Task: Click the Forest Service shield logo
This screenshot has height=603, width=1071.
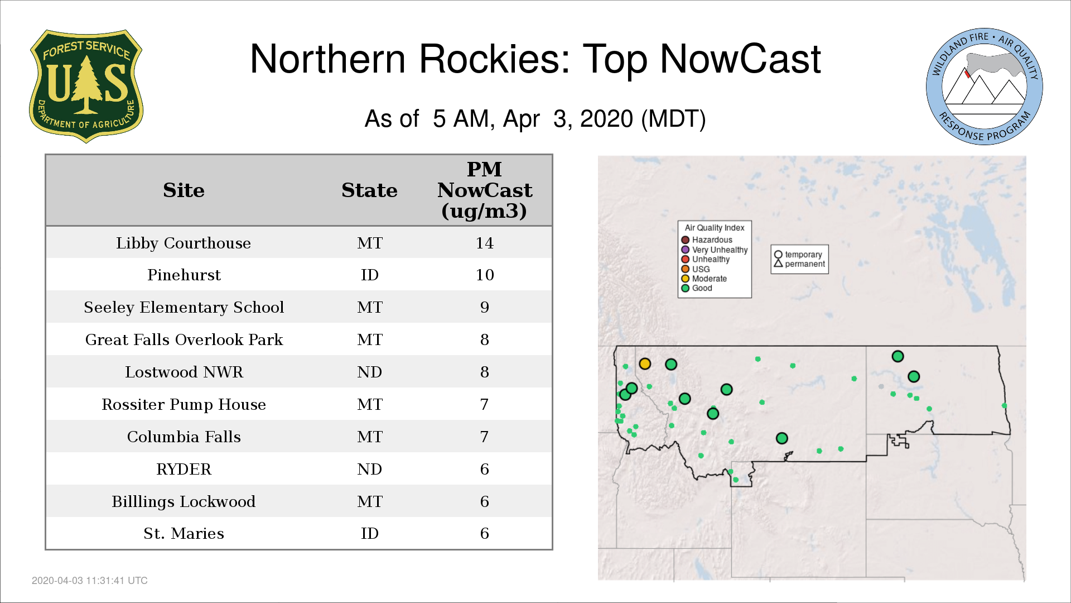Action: pyautogui.click(x=86, y=86)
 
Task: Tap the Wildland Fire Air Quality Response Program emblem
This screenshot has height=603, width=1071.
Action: pyautogui.click(x=985, y=87)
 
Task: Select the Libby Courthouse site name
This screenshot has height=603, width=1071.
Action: pyautogui.click(x=184, y=243)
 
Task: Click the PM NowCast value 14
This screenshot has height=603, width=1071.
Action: pyautogui.click(x=484, y=243)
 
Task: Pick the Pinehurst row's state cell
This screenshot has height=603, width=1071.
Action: pyautogui.click(x=369, y=275)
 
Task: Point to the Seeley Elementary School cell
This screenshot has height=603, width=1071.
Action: pyautogui.click(x=184, y=307)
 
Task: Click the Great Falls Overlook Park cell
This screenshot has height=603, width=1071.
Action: pyautogui.click(x=184, y=339)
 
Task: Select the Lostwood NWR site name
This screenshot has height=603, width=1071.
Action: pyautogui.click(x=184, y=372)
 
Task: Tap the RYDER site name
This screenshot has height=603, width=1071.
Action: pyautogui.click(x=184, y=469)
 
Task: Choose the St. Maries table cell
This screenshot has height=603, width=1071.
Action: pyautogui.click(x=184, y=534)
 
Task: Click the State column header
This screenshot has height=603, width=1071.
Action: pyautogui.click(x=369, y=190)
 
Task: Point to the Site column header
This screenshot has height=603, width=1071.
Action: pyautogui.click(x=184, y=190)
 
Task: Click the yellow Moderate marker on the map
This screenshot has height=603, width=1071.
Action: pyautogui.click(x=645, y=364)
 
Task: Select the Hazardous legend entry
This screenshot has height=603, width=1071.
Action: pyautogui.click(x=707, y=240)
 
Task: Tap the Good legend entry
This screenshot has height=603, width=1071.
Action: pyautogui.click(x=697, y=288)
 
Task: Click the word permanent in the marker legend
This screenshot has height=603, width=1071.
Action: pyautogui.click(x=805, y=264)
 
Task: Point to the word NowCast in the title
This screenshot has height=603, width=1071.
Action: pyautogui.click(x=740, y=59)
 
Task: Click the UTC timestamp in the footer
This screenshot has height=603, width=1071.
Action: pyautogui.click(x=90, y=581)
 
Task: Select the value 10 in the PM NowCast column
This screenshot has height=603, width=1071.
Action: pyautogui.click(x=484, y=275)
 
